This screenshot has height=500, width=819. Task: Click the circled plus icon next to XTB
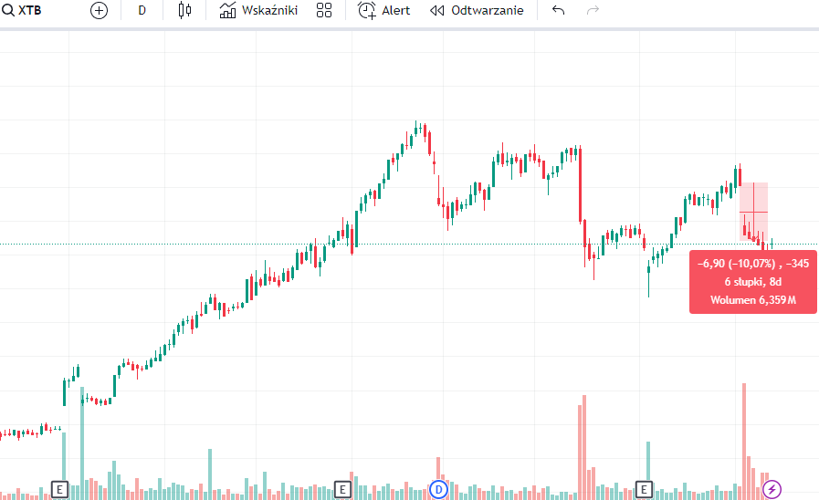point(99,11)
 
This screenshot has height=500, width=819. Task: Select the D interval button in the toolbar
point(142,11)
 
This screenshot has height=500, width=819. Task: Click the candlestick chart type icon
point(185,11)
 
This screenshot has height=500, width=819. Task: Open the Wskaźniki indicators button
point(258,11)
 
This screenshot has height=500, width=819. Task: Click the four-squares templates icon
point(323,11)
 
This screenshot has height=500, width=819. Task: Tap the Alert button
point(383,11)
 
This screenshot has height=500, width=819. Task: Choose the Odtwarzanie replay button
point(477,11)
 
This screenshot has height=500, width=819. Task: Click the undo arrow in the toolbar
point(559,11)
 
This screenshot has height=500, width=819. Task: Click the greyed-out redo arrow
point(593,11)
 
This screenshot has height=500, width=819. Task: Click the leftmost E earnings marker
point(60,489)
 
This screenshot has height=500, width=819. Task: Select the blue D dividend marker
point(438,489)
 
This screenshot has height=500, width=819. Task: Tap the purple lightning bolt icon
point(772,488)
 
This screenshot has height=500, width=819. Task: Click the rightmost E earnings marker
point(644,489)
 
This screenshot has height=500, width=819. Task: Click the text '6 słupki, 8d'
point(752,281)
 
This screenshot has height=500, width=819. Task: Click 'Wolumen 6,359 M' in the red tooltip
point(752,299)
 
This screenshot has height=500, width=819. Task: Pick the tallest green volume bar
point(82,447)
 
